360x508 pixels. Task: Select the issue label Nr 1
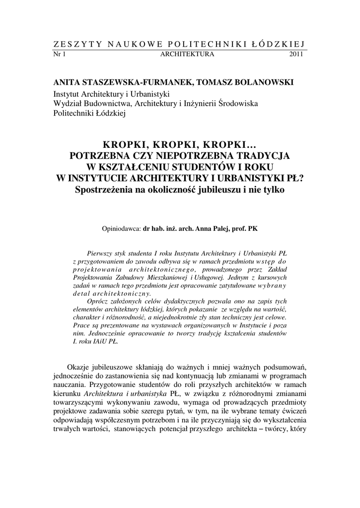point(59,54)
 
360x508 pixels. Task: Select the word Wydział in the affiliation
point(68,103)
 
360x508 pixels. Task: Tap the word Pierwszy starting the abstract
point(101,253)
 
